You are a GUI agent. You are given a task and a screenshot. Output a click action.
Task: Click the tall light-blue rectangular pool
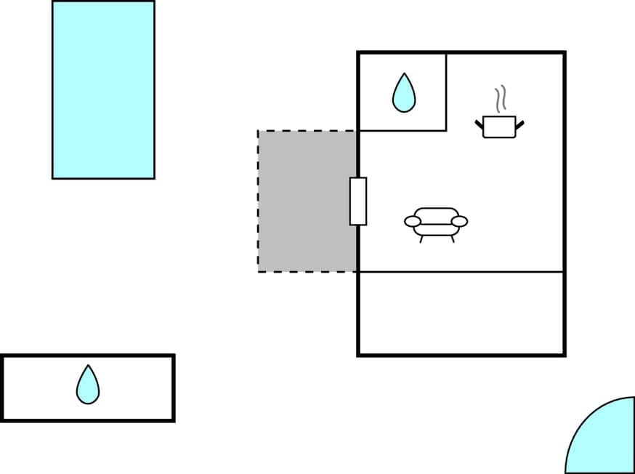click(x=103, y=89)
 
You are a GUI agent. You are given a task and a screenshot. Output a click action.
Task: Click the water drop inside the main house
click(x=404, y=93)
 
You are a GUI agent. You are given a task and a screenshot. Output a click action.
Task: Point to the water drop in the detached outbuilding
click(x=88, y=385)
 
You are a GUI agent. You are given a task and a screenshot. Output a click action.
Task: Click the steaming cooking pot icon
click(x=499, y=126)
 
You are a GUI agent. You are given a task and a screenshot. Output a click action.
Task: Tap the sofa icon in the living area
click(x=436, y=222)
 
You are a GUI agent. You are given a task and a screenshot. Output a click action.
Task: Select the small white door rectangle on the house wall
click(x=358, y=201)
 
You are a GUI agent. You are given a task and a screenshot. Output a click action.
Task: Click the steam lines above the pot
click(x=500, y=98)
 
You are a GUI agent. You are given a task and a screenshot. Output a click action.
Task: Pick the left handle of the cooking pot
click(x=480, y=125)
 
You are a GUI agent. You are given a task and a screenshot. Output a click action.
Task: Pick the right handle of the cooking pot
click(x=519, y=125)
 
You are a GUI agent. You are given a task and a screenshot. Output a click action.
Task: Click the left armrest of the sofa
click(x=413, y=221)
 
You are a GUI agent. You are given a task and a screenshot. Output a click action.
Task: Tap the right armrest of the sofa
click(x=459, y=221)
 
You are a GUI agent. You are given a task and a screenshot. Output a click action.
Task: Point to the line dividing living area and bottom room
click(x=461, y=272)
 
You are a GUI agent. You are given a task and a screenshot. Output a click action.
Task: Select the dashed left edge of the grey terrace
click(x=259, y=201)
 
